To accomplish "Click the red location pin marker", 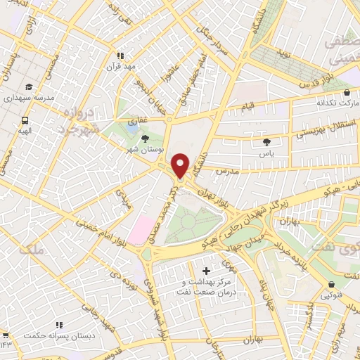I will coord(181,165).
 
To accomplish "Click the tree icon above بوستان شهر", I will coord(146,139).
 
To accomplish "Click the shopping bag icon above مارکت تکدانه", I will coord(346,92).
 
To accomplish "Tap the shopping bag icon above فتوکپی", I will coord(331,285).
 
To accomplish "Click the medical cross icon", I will coord(206,271).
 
